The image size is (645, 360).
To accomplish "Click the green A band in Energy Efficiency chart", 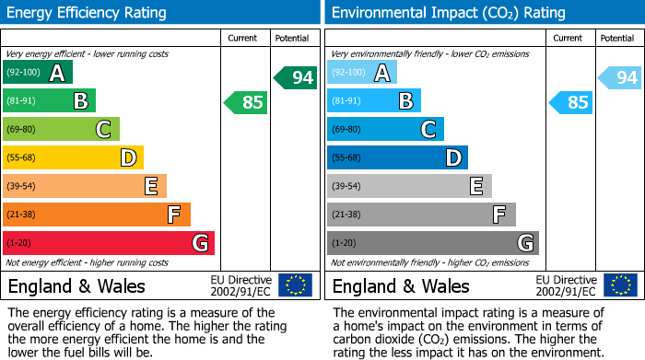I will (x=38, y=73).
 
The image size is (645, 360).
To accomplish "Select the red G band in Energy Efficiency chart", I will (x=109, y=243).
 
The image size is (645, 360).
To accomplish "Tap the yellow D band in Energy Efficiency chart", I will (x=73, y=158).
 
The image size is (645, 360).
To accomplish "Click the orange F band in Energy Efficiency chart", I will (x=97, y=215).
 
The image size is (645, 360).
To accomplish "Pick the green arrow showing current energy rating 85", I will (x=246, y=102).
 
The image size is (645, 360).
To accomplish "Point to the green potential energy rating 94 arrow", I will (x=295, y=77).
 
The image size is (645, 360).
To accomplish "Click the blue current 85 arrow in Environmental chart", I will (x=570, y=102).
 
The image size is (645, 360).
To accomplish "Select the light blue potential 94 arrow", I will (x=619, y=77).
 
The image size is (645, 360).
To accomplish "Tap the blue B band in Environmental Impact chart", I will (x=374, y=101).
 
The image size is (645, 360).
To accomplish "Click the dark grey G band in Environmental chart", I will (x=433, y=243).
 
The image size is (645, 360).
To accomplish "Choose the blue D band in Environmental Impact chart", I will (x=397, y=158).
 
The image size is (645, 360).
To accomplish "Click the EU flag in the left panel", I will (x=295, y=285).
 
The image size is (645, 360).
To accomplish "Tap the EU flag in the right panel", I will (x=619, y=285).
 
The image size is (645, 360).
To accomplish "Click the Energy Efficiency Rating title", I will (x=88, y=13).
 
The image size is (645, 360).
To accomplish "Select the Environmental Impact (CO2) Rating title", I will (x=448, y=13).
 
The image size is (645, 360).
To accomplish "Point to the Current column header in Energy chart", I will (x=243, y=38).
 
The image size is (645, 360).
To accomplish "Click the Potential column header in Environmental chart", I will (x=616, y=38).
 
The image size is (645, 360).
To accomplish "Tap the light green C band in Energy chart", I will (x=61, y=130).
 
